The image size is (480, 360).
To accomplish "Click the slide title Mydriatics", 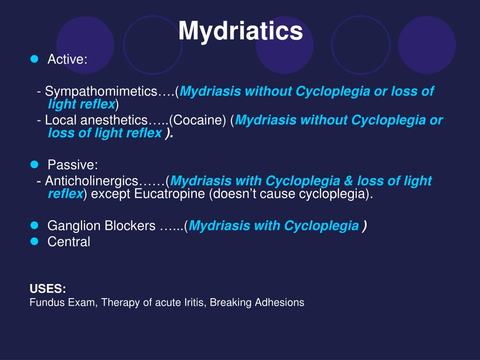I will pyautogui.click(x=240, y=31).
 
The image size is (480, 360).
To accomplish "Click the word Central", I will pyautogui.click(x=68, y=242).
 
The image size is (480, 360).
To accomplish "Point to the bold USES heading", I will pyautogui.click(x=48, y=288).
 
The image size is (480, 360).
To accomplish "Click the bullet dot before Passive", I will pyautogui.click(x=34, y=164).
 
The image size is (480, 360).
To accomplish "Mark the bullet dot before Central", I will pyautogui.click(x=34, y=241).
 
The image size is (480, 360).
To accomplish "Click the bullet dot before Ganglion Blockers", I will pyautogui.click(x=34, y=225).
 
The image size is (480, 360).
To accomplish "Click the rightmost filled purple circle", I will pyautogui.click(x=427, y=45).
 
